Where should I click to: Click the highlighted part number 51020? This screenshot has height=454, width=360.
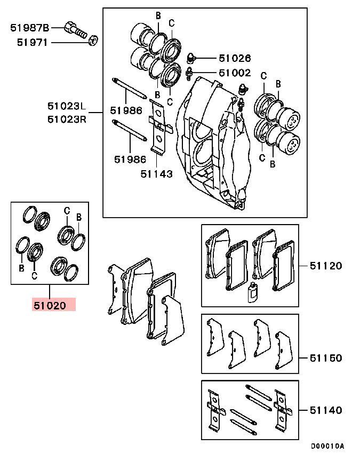[x=49, y=305]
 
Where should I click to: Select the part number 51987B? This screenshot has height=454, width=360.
[x=30, y=27]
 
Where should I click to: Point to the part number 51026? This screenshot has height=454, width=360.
[x=234, y=58]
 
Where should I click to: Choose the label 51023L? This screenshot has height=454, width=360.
[x=66, y=106]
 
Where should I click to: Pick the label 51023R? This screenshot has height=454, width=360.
[x=66, y=118]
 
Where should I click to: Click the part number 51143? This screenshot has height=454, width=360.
[x=156, y=173]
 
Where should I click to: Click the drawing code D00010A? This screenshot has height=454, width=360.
[x=328, y=445]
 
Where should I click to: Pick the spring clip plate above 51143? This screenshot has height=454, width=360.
[x=158, y=126]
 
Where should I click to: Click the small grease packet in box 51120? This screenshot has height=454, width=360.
[x=253, y=293]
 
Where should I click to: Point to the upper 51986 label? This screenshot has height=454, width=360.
[x=126, y=110]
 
